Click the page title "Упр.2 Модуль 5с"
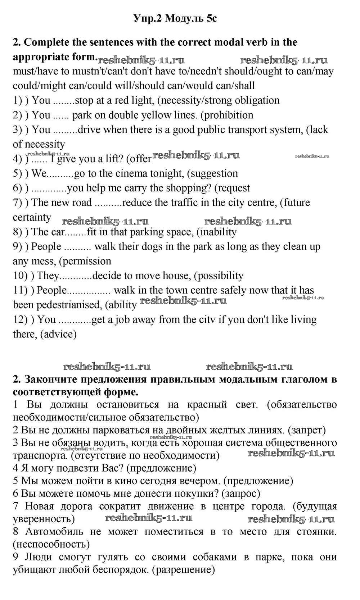(175, 18)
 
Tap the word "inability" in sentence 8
(218, 232)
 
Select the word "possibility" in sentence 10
(220, 276)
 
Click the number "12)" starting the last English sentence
(20, 319)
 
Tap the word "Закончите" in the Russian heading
(49, 379)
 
